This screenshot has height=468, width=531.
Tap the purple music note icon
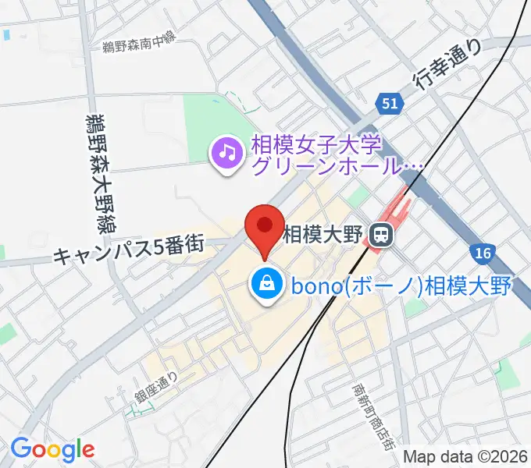tap(226, 151)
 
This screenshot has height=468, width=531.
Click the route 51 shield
tap(391, 103)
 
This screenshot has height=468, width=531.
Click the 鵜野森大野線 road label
tap(97, 168)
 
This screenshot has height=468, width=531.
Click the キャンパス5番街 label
tap(129, 248)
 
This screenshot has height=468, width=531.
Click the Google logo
tap(52, 449)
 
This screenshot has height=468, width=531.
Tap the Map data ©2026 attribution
tap(465, 457)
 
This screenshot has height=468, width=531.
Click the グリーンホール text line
tap(336, 165)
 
